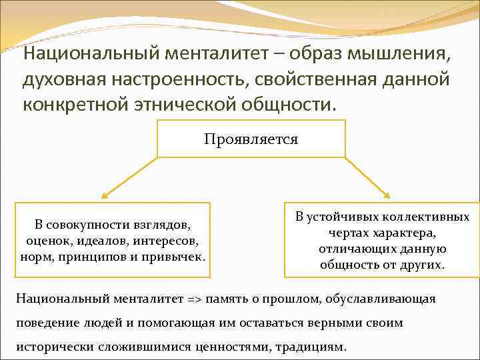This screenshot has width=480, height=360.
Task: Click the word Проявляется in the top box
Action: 251,139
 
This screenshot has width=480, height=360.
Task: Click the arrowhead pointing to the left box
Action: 104,197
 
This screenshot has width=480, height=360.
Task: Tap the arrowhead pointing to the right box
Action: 388,195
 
